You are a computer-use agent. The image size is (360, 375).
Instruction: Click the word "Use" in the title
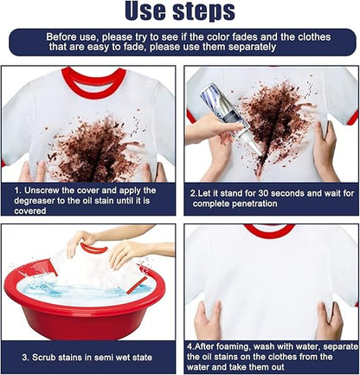click(x=145, y=10)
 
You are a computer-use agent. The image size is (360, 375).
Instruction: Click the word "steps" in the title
click(x=203, y=11)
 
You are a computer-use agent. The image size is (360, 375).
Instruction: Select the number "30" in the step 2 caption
click(x=264, y=193)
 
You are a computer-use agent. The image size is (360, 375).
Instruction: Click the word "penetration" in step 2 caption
click(x=254, y=204)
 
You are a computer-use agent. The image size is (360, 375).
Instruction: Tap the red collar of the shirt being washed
click(x=93, y=249)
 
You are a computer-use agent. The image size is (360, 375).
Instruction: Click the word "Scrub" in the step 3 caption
click(x=44, y=358)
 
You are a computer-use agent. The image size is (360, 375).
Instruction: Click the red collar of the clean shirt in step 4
click(x=270, y=231)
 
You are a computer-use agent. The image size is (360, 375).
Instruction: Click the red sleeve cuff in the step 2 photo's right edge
click(x=352, y=119)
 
